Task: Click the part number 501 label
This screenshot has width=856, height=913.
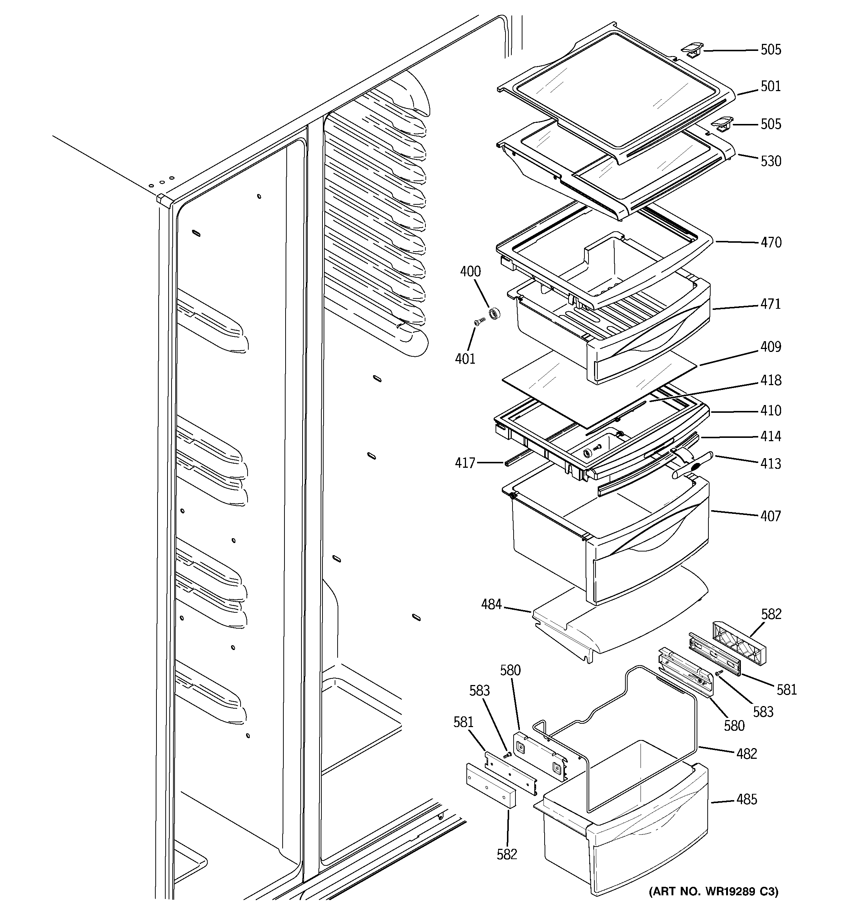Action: (x=770, y=86)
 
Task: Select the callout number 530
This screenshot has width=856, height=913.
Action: (x=770, y=161)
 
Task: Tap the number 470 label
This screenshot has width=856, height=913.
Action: (x=770, y=242)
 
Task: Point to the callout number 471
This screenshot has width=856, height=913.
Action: (x=770, y=304)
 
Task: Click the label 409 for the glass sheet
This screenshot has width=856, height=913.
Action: (x=770, y=347)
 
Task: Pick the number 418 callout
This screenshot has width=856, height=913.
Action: (x=770, y=380)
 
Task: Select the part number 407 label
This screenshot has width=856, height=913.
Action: (x=770, y=516)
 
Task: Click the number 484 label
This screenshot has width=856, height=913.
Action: (x=491, y=604)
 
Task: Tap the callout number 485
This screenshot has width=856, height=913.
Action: (x=747, y=799)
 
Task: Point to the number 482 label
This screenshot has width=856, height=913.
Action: (x=747, y=754)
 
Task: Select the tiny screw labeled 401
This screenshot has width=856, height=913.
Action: (x=479, y=322)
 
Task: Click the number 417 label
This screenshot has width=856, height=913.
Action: (x=465, y=463)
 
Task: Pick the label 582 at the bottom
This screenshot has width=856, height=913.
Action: (x=507, y=854)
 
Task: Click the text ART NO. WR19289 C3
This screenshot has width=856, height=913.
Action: (x=714, y=892)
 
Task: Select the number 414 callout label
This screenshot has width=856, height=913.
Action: (x=770, y=436)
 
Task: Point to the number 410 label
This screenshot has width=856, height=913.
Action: (x=770, y=411)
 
